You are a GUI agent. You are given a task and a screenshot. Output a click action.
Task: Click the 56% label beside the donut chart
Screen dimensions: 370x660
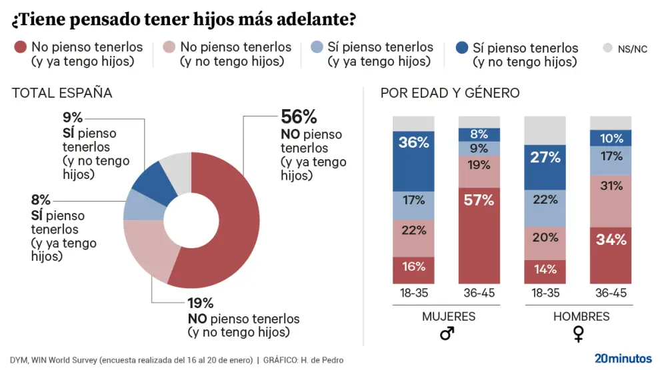[x=299, y=117]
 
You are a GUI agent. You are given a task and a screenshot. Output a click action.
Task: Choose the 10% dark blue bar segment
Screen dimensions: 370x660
[x=611, y=138]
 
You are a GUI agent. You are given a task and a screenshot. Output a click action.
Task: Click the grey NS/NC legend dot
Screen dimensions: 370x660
[x=607, y=48]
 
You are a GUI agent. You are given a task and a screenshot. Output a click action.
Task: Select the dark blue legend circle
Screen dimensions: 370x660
[x=461, y=48]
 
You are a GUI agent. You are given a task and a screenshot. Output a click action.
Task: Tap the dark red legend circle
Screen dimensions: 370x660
[x=20, y=47]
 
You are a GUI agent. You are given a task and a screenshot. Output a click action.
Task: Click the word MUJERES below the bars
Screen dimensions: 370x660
[x=448, y=317]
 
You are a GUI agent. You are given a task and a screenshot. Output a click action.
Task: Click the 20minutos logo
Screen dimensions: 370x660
[x=623, y=358]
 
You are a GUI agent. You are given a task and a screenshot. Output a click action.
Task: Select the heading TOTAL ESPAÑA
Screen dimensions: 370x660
[x=62, y=93]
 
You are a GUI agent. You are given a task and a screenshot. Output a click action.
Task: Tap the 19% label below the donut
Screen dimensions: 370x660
[x=200, y=303]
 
